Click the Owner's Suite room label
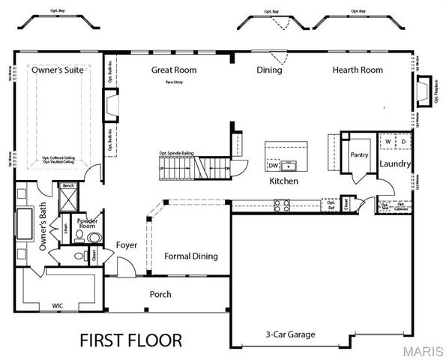[57, 70]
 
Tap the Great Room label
[174, 70]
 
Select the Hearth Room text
[358, 70]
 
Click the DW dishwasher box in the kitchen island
[273, 165]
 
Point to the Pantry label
[358, 154]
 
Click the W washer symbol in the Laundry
[388, 140]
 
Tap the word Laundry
[394, 163]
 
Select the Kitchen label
[284, 181]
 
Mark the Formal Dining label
[191, 256]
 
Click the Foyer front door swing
[124, 266]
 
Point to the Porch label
[161, 294]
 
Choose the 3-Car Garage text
[290, 334]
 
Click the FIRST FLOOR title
[130, 340]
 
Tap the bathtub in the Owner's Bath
[23, 223]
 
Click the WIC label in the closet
[57, 306]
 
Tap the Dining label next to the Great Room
[269, 70]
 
